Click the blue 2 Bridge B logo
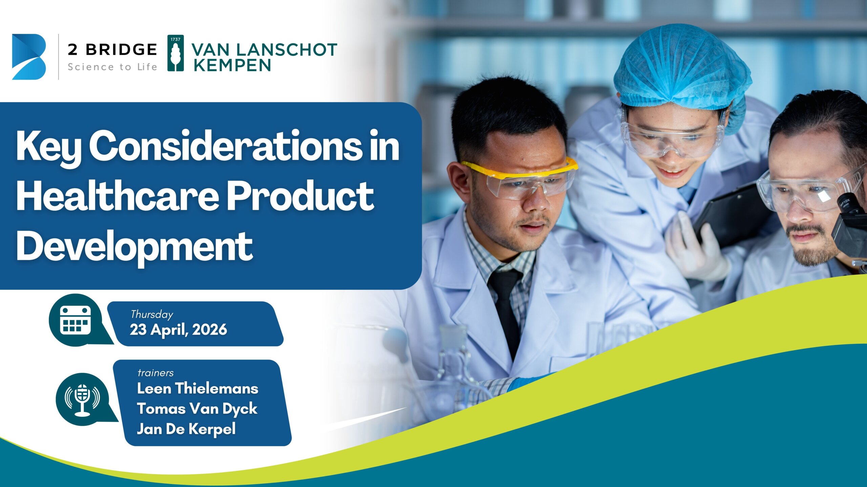click(x=29, y=57)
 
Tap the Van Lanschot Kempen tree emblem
click(x=176, y=53)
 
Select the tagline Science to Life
click(x=112, y=67)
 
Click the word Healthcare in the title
click(x=117, y=196)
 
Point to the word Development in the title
click(x=134, y=247)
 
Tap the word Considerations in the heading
click(x=226, y=146)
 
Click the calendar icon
click(x=76, y=320)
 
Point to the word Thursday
click(x=152, y=315)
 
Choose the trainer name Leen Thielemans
click(x=198, y=388)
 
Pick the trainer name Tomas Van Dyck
click(x=197, y=409)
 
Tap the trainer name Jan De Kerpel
click(x=186, y=429)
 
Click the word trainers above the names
click(x=155, y=373)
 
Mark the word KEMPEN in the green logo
click(x=232, y=65)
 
